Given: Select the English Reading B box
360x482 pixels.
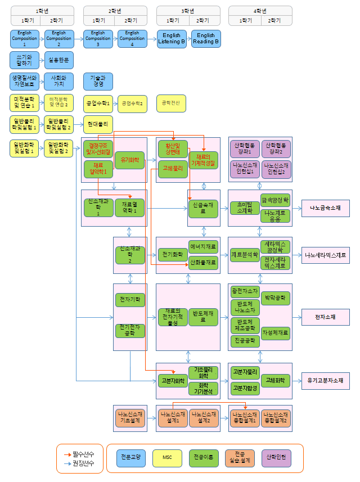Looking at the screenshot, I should pos(206,39).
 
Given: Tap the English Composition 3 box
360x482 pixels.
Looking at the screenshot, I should pos(98,39).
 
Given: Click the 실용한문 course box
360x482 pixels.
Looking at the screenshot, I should pos(58,60).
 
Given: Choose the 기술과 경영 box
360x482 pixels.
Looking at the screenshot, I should pos(97,82).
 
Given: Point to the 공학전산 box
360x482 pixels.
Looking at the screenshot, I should pos(171,103).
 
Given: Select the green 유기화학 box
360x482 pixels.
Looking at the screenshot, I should pos(129,160).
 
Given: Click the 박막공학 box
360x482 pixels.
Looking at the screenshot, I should pos(276,296).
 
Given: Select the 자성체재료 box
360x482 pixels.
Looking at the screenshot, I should pos(276,332).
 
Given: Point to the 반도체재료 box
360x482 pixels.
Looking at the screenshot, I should pos(202,317).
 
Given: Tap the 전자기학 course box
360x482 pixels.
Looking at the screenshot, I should pos(129,299).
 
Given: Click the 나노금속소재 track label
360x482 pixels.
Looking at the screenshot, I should pos(325,208).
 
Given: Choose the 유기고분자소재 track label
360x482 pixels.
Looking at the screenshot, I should pos(325,381).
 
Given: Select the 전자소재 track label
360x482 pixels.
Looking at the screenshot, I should pos(325,317).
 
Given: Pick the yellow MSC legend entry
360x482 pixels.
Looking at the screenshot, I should pos(167,458).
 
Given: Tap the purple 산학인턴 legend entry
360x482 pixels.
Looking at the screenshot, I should pos(276,458).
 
